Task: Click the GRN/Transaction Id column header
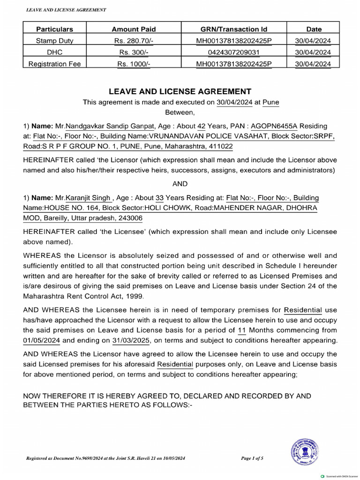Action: click(233, 29)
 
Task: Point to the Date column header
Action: click(314, 29)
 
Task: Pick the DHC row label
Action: click(55, 52)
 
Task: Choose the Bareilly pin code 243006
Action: click(130, 218)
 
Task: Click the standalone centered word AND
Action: click(180, 184)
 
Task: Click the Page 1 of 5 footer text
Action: click(252, 458)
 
